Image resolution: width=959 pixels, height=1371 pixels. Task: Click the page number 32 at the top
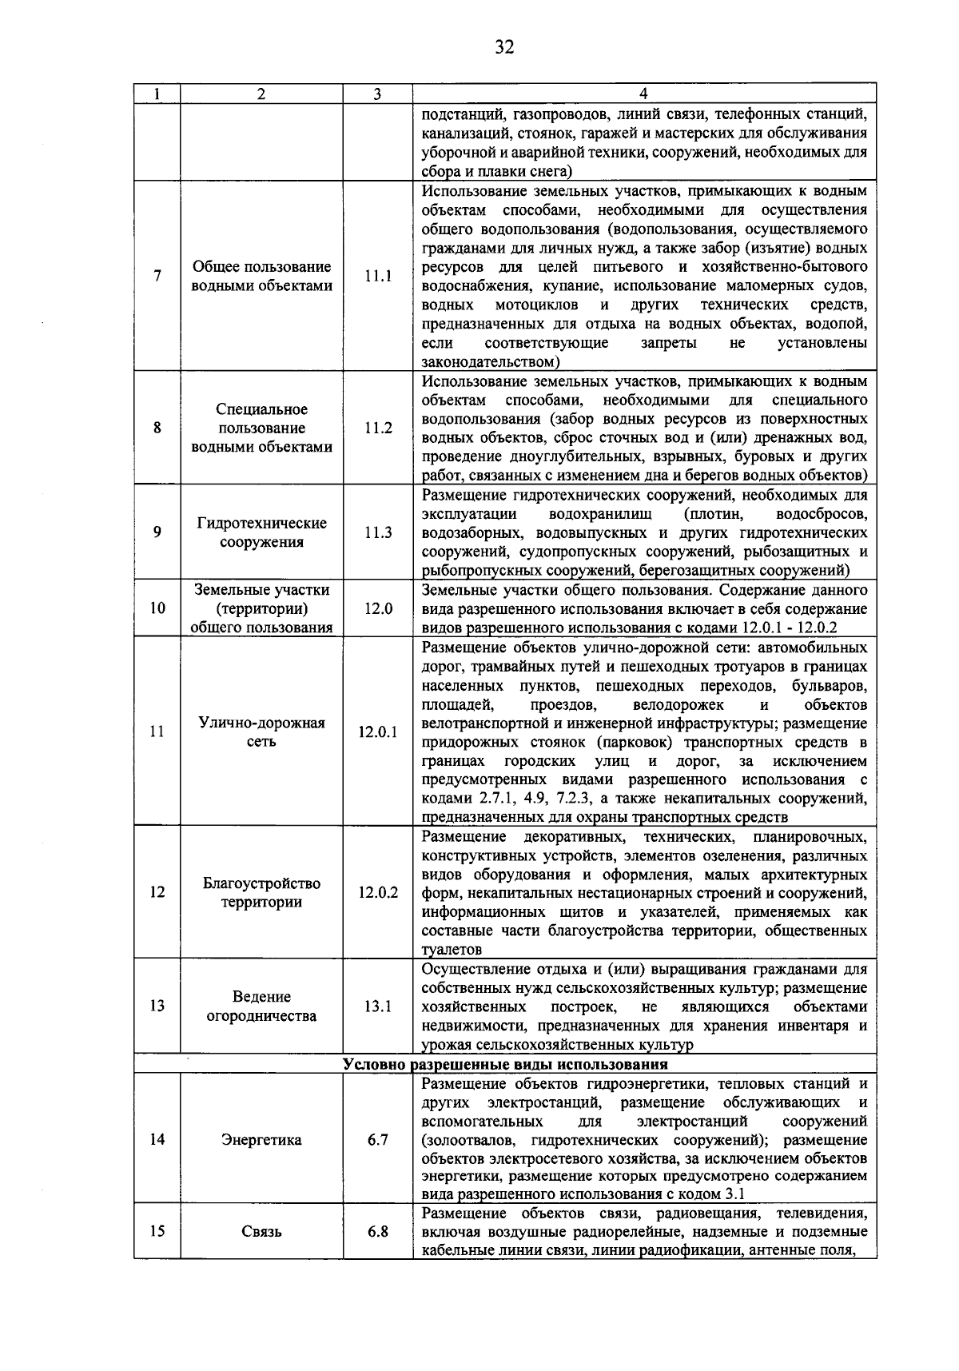click(503, 47)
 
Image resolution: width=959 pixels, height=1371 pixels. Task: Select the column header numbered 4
click(644, 94)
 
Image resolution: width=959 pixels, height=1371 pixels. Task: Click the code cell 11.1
click(378, 277)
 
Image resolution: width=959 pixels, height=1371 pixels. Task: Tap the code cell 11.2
click(378, 428)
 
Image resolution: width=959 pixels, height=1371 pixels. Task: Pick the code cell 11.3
click(378, 532)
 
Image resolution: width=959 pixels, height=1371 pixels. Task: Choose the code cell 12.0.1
click(378, 731)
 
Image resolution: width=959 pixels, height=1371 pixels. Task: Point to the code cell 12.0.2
click(378, 892)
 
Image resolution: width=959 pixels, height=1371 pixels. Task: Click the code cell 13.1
click(378, 1006)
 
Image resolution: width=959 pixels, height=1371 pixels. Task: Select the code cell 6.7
click(378, 1139)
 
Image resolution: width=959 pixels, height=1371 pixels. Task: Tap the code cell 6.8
click(378, 1231)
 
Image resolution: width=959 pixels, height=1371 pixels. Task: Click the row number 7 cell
click(157, 277)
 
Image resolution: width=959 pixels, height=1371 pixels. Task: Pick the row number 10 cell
click(157, 608)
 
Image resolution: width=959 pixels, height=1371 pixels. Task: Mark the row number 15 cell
click(157, 1231)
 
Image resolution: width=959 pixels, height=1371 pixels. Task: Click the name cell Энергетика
click(261, 1139)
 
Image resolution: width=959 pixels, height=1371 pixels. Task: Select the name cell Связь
click(261, 1231)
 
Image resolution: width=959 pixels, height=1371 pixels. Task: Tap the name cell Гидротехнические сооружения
click(261, 532)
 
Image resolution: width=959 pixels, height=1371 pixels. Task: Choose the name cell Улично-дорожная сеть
click(261, 731)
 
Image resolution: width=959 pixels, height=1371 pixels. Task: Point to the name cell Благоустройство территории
click(261, 892)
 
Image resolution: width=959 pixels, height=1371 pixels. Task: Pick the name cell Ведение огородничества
click(261, 1006)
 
